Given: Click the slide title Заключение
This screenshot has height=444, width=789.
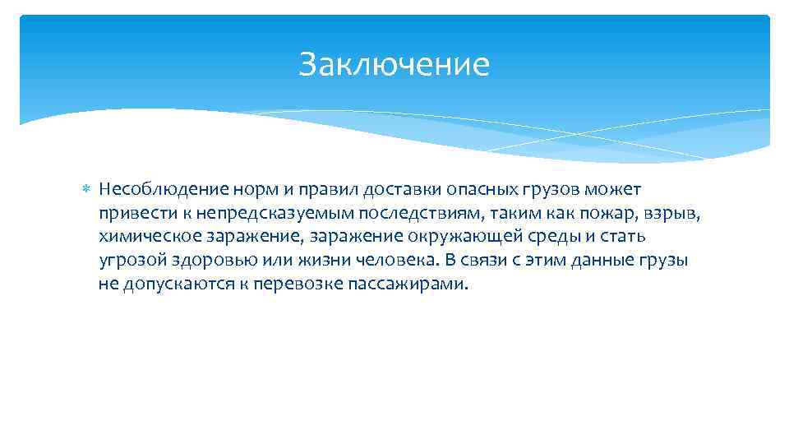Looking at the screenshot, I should (x=394, y=64).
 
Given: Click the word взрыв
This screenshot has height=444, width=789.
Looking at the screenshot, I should (x=673, y=213).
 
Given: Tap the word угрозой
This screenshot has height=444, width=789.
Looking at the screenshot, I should (x=130, y=261).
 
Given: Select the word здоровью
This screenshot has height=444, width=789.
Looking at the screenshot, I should (x=210, y=261).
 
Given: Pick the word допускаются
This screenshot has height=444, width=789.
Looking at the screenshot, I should (x=176, y=284).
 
